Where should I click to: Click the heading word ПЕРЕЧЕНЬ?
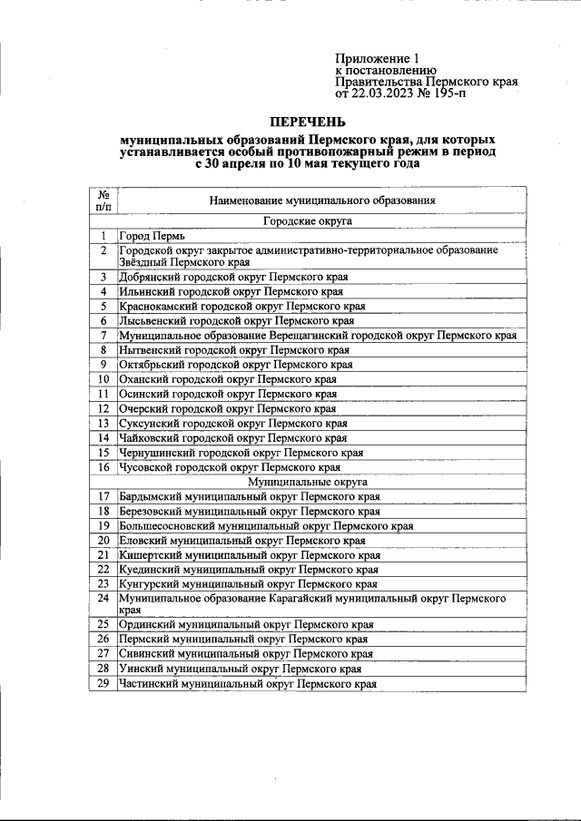(308, 121)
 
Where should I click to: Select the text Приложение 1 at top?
(370, 57)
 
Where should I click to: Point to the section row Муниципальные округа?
(308, 482)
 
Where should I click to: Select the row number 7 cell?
(104, 335)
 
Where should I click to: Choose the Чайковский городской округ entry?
(232, 437)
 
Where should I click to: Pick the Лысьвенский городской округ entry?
(236, 320)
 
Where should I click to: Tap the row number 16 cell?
(104, 467)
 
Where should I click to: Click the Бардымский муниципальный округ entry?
(250, 496)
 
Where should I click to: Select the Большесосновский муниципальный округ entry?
(266, 525)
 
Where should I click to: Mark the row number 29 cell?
(104, 684)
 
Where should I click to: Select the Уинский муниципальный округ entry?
(240, 669)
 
